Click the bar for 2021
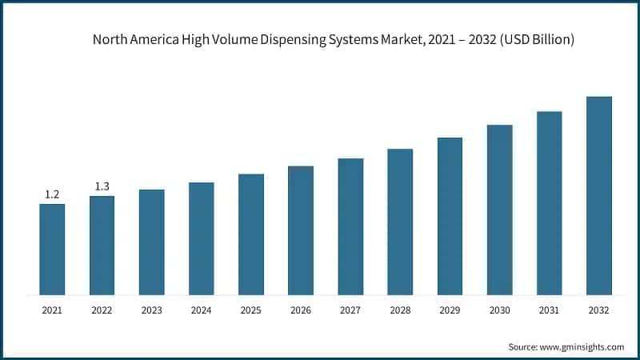coord(52,249)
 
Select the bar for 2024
coord(201,238)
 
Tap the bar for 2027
coord(350,226)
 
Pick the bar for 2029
coord(450,216)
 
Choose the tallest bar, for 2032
coord(598,195)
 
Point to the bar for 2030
coord(499,210)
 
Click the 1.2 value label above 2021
coord(52,194)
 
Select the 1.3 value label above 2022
coord(102,186)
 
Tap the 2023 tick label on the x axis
coord(151,310)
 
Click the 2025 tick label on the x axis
coord(250,310)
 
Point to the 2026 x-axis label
coord(300,310)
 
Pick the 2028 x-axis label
coord(399,310)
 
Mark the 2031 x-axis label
coord(549,310)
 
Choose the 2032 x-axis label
coord(598,310)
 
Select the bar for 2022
coord(102,245)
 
